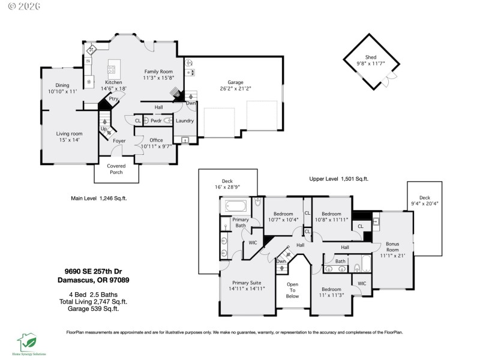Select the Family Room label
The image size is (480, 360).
[x=158, y=71]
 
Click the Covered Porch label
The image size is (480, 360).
[x=115, y=169]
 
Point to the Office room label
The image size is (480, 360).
[x=156, y=140]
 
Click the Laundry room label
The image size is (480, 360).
[x=184, y=121]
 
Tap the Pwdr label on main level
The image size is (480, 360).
[x=156, y=121]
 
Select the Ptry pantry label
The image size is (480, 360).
[x=113, y=98]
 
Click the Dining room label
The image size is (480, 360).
[x=62, y=85]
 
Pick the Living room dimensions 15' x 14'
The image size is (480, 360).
[x=69, y=139]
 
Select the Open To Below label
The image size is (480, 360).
[x=292, y=290]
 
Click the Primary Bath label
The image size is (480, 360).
[x=240, y=223]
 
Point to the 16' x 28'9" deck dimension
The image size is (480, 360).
[x=227, y=187]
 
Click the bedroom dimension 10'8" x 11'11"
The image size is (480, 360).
[x=331, y=220]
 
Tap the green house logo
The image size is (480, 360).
[x=28, y=341]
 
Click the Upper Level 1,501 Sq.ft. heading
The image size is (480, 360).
[x=338, y=179]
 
